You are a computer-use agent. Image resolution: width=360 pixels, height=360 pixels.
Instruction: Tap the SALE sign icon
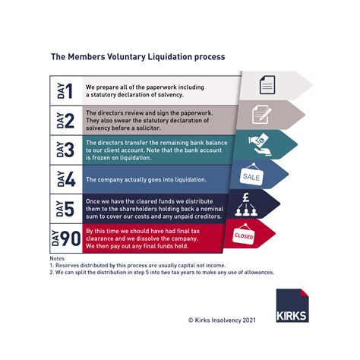252,175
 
